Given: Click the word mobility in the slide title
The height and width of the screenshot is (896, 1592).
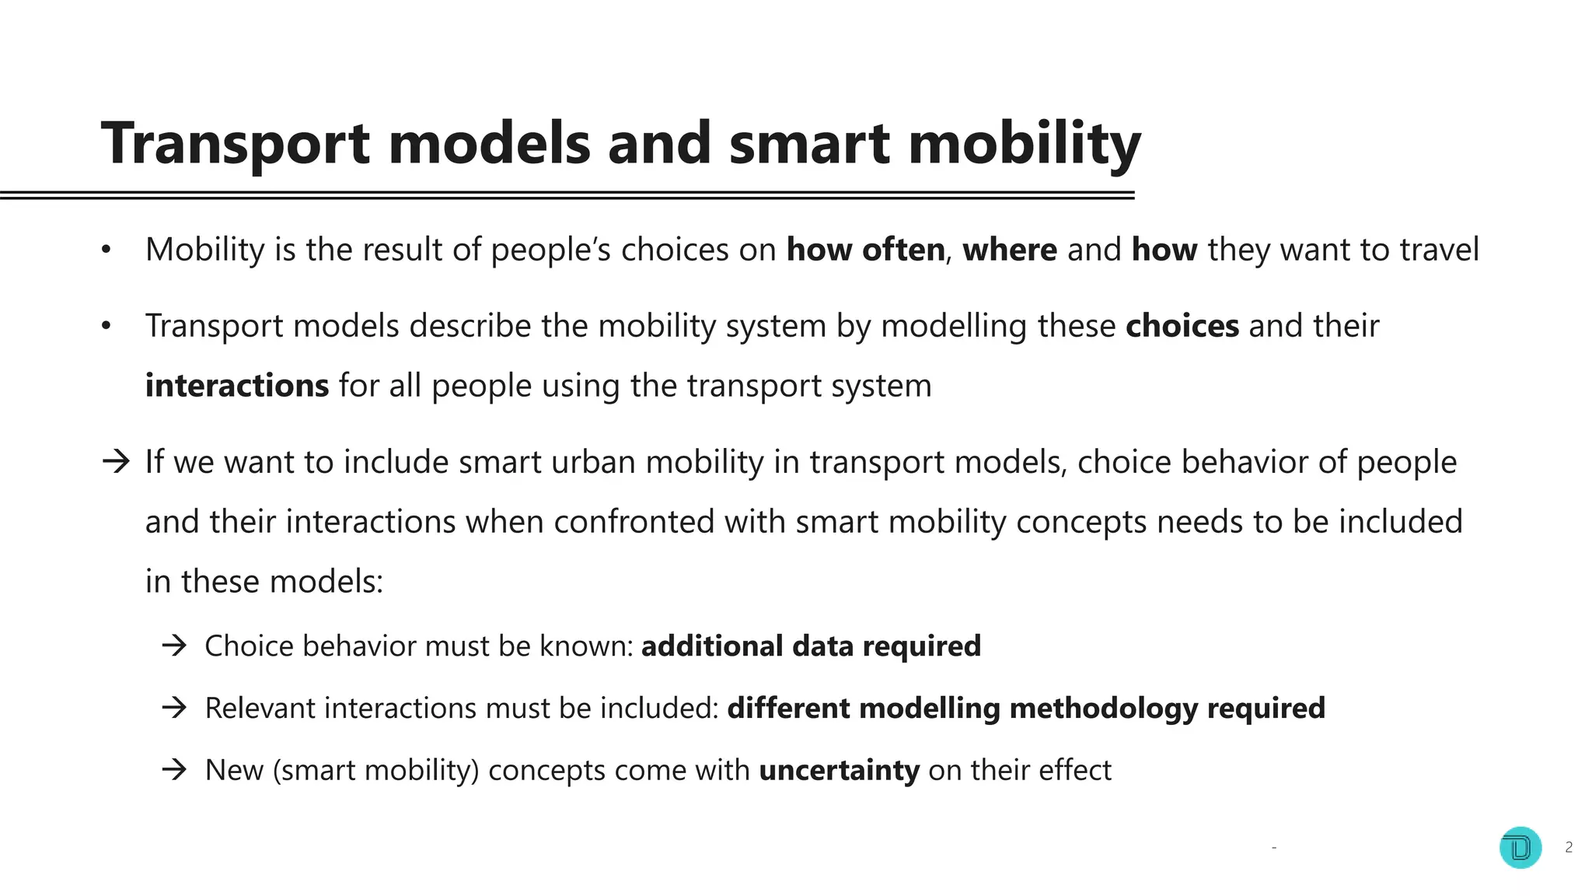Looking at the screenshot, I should pos(1024,145).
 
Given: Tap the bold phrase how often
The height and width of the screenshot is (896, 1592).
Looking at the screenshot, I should pos(865,250).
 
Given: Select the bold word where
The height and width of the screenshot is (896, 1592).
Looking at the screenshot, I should pos(1009,250).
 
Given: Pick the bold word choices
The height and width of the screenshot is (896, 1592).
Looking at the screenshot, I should pos(1182,326).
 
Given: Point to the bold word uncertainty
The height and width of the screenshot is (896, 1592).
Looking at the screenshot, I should pos(839,771).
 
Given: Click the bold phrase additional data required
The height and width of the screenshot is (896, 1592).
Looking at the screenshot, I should pos(811,646).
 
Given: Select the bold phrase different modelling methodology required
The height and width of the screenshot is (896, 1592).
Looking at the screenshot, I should pos(1025,709).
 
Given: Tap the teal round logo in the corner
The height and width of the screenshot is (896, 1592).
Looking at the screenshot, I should pos(1520,847).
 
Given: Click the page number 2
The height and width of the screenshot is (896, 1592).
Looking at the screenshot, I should pos(1569,847).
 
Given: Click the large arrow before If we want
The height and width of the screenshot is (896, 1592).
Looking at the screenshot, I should pos(116,462).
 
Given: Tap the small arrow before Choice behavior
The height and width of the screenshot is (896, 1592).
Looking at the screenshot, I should pos(175,646).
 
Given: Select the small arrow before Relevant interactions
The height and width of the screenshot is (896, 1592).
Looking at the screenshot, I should pos(175,708).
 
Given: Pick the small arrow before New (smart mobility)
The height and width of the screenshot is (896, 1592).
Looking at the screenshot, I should pos(175,770).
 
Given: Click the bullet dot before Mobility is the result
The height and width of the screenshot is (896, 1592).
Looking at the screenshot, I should pos(106,250).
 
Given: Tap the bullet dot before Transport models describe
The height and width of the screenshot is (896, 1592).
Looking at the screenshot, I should pos(106,326).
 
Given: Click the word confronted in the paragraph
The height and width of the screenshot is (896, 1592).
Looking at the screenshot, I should pos(634,522).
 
